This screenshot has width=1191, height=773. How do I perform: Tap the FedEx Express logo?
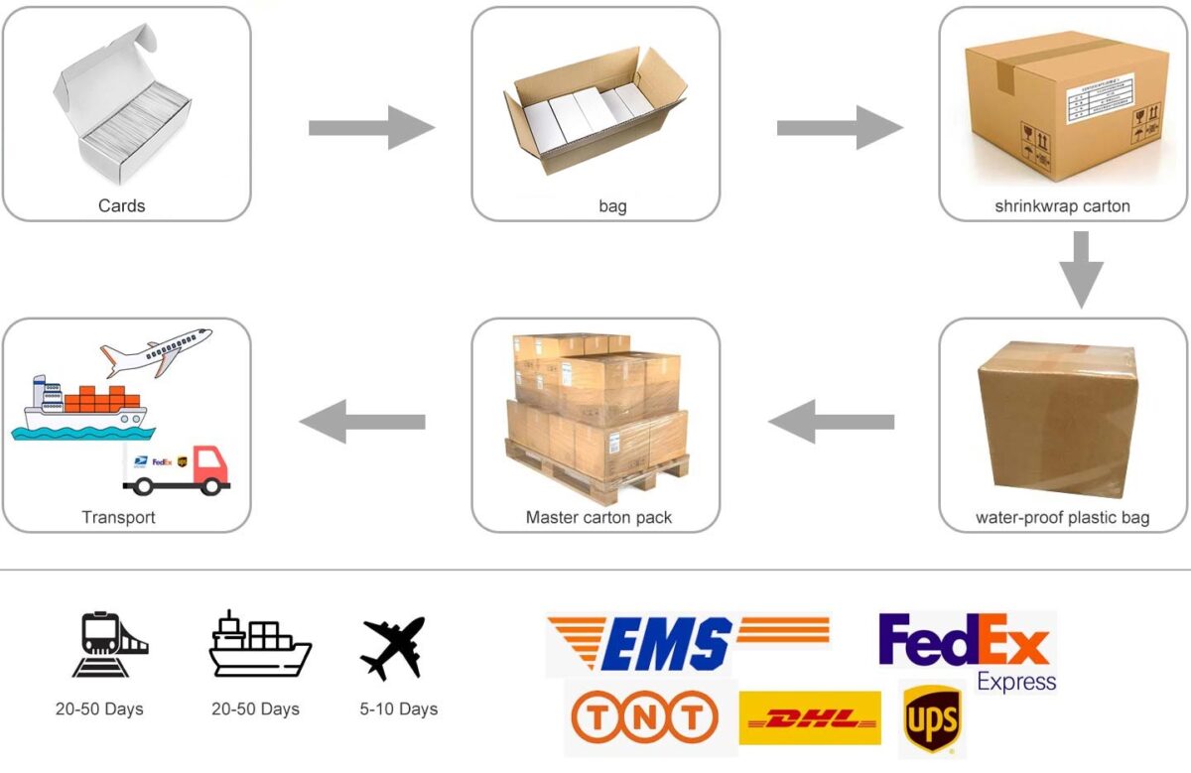coord(966,651)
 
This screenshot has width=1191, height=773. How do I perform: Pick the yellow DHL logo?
coord(809,718)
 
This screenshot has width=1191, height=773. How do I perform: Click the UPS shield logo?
coord(931,720)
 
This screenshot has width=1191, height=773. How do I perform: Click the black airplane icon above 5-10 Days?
coord(393,647)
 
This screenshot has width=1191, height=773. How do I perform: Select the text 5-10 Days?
coord(398,709)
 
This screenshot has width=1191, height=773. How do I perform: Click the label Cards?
coord(121,206)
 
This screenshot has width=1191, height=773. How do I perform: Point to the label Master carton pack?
coord(598,517)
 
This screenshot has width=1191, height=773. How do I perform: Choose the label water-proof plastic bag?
coord(1062,518)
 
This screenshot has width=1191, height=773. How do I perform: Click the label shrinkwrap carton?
coord(1062,206)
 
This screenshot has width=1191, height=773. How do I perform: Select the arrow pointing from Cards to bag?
coord(371,128)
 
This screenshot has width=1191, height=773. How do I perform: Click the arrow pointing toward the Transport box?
coord(362,422)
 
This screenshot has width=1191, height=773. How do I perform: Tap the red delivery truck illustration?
coord(179,469)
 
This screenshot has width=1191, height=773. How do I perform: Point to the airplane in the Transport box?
coord(157,348)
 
